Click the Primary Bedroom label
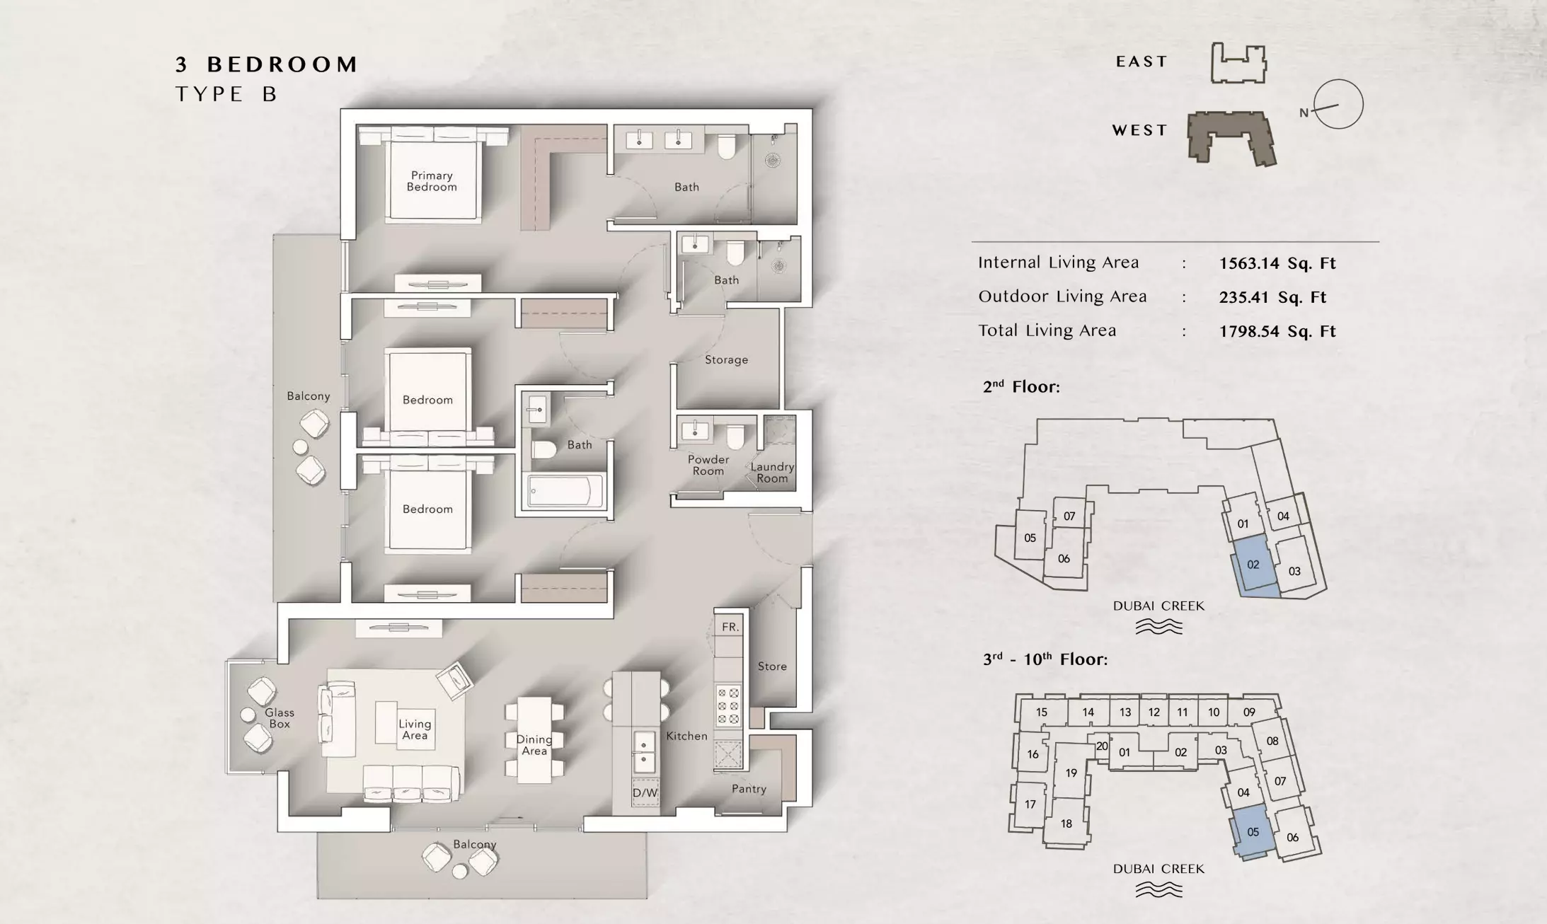tap(432, 181)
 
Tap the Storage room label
tap(726, 359)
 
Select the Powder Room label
tap(708, 465)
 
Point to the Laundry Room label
tap(772, 473)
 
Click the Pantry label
tap(749, 789)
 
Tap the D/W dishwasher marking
tap(645, 793)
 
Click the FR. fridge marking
tap(730, 627)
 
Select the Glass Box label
tap(280, 718)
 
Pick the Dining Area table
tap(534, 739)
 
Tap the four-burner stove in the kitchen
tap(728, 705)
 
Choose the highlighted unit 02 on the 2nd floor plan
tap(1253, 568)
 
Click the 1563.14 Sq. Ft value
tap(1277, 263)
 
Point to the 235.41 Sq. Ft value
tap(1272, 297)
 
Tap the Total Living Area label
tap(1047, 330)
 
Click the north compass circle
tap(1338, 104)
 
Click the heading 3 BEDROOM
tap(267, 64)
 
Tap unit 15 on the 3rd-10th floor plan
tap(1042, 712)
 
